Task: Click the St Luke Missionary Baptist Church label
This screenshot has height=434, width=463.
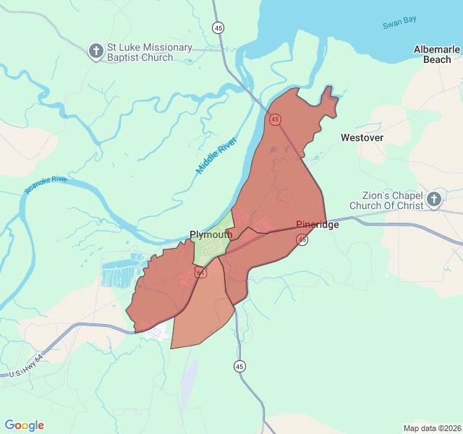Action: tap(149, 52)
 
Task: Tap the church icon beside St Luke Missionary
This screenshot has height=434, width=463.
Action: tap(95, 51)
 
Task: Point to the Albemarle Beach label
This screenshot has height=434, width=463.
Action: tap(436, 54)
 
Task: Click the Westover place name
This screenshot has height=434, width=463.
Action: tap(362, 137)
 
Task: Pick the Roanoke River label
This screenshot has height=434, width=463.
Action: tap(45, 184)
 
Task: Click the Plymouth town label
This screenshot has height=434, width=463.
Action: tap(211, 234)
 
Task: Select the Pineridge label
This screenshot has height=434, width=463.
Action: tap(317, 224)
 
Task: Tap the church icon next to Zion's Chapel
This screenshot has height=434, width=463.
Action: tap(433, 200)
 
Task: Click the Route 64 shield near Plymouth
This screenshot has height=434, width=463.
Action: tap(200, 272)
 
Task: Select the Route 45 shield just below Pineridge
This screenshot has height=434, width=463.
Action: tap(302, 239)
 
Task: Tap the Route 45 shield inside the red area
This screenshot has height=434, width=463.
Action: tap(275, 119)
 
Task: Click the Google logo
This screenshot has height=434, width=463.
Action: tap(24, 425)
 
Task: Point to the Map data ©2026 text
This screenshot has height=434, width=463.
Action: tap(431, 428)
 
